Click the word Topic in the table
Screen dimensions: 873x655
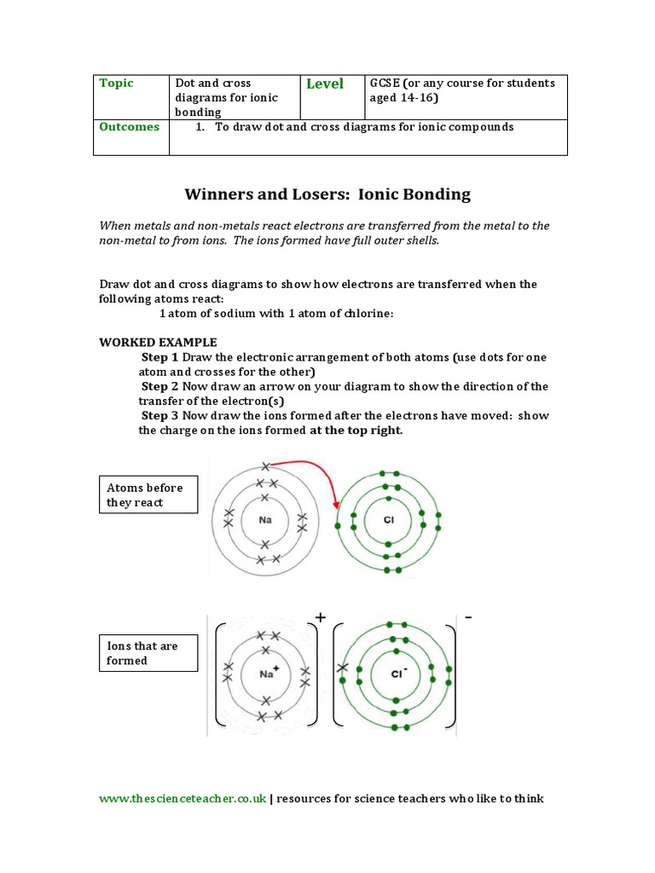117,84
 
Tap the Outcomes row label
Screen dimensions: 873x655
130,127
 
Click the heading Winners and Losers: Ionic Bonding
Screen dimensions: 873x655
327,194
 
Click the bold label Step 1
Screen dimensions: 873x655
159,357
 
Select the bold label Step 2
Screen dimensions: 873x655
159,386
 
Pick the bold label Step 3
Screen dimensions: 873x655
159,415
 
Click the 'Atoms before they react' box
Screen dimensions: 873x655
149,494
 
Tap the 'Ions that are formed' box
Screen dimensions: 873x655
149,653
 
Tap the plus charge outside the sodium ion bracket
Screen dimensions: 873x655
321,616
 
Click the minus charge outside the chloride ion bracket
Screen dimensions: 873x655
467,616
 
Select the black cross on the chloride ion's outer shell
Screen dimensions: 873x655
343,668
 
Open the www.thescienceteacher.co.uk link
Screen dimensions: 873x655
183,799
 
